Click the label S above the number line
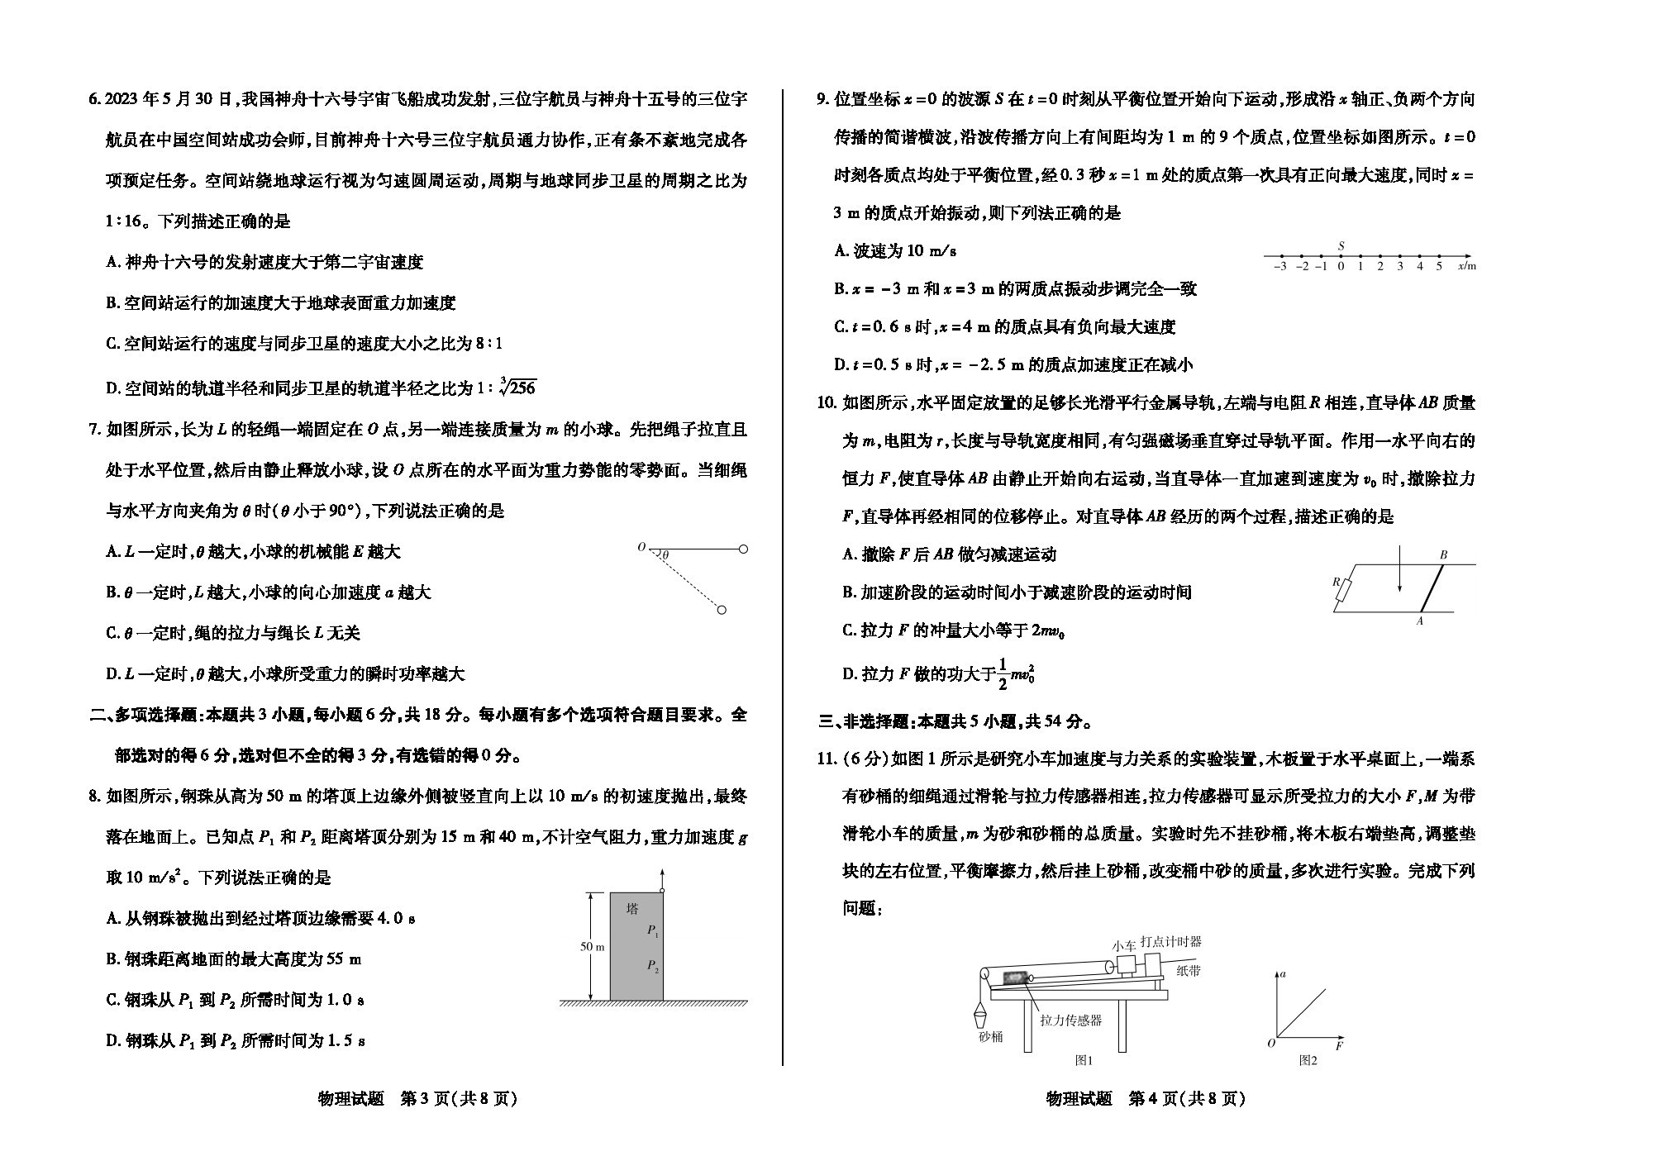1341,246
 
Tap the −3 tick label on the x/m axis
1280,266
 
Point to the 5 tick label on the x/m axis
1439,266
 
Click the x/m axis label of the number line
1467,266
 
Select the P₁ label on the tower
654,930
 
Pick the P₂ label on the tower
654,965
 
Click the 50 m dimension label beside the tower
592,947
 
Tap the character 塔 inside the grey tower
632,909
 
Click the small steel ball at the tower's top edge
662,889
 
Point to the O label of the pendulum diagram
641,547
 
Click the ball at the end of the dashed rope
722,610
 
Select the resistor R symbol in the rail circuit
1346,589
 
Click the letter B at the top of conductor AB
1444,555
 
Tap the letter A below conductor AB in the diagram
1421,621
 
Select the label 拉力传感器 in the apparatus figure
1071,1020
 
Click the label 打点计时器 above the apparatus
1171,941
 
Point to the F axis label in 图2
1339,1045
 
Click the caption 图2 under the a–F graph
1308,1060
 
